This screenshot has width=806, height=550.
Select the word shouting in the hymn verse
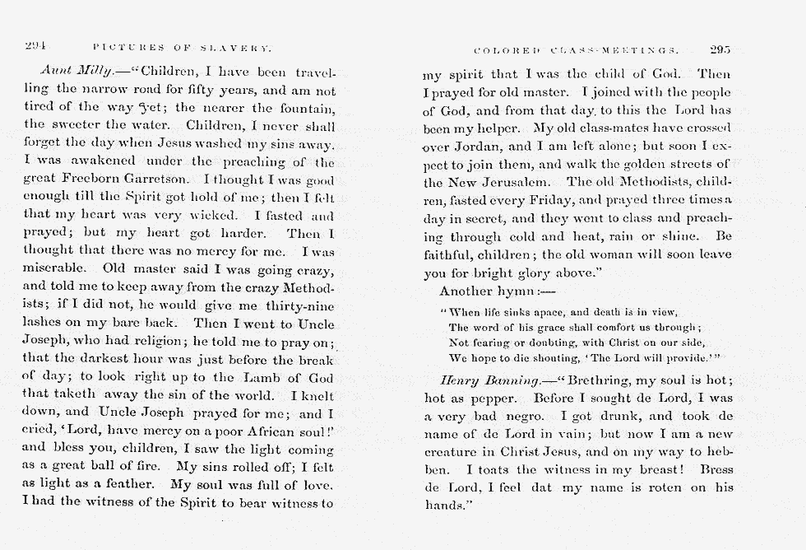pyautogui.click(x=559, y=357)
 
